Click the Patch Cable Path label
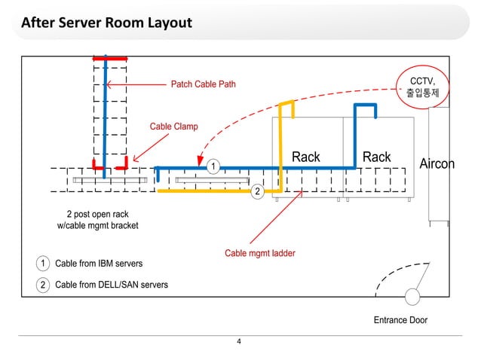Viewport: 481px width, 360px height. [x=203, y=84]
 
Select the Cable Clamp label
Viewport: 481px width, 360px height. [x=173, y=127]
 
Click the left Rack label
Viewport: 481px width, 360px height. [x=305, y=157]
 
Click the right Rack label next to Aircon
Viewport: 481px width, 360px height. [x=376, y=157]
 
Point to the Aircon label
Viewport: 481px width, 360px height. [x=437, y=163]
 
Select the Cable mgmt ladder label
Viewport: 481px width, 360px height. [x=259, y=253]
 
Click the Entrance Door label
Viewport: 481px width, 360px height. [x=400, y=320]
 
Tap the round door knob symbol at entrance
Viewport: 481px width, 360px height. [x=412, y=297]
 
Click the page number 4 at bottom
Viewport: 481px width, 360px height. [x=239, y=343]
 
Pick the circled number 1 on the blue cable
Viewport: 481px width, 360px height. [x=213, y=165]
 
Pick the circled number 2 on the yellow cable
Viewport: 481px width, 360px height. [x=256, y=191]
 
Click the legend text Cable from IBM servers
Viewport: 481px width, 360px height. [x=98, y=264]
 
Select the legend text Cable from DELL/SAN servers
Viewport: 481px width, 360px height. [x=111, y=285]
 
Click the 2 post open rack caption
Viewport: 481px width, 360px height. [x=98, y=220]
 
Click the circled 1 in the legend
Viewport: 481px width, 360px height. [x=43, y=264]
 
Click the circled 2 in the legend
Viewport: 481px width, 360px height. [x=43, y=285]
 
